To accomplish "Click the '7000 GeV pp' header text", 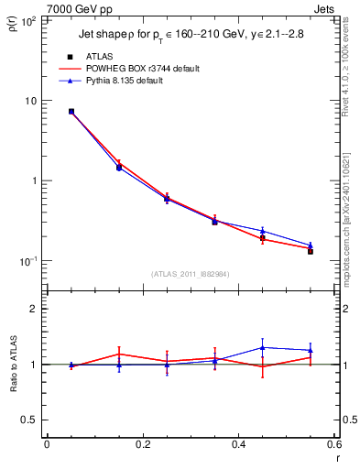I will tap(80, 9).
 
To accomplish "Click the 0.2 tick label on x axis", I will tap(142, 445).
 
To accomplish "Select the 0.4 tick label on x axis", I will tap(238, 445).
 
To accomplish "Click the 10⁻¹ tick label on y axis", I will tap(27, 261).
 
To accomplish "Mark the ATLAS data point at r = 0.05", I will tap(71, 112).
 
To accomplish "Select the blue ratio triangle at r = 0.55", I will tap(311, 350).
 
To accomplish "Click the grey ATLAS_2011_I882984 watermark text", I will tap(191, 274).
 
